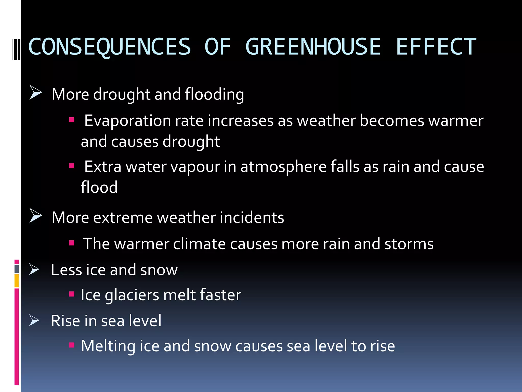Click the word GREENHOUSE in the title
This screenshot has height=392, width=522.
coord(313,46)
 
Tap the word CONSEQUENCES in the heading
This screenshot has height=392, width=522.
coord(110,46)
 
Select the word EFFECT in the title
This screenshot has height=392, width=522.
coord(436,46)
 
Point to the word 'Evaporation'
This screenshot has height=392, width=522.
coord(127,120)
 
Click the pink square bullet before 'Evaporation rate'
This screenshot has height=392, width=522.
coord(72,120)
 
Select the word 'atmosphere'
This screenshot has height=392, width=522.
coord(283,167)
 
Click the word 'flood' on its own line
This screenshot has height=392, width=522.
coord(99,187)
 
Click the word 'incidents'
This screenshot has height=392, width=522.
coord(252,217)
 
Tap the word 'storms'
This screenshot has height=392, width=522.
coord(409,244)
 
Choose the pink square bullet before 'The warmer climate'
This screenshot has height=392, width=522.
coord(72,243)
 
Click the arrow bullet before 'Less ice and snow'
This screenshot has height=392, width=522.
coord(34,269)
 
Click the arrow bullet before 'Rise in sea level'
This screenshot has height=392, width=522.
coord(34,320)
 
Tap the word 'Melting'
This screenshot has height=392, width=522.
coord(108,346)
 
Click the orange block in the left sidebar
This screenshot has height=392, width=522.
coord(17,281)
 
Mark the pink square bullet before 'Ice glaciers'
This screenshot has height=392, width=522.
coord(72,294)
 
